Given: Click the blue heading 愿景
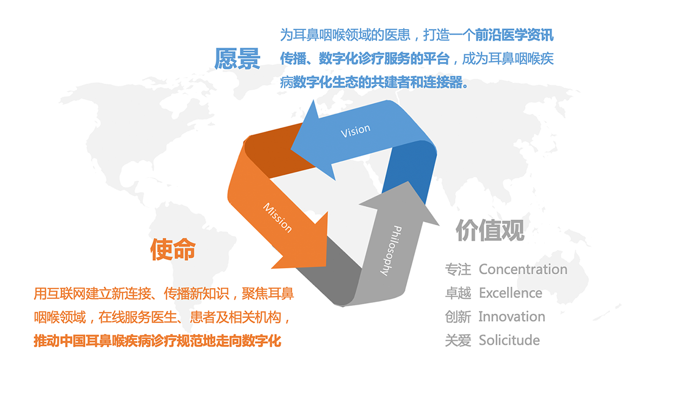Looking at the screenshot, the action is pyautogui.click(x=237, y=59).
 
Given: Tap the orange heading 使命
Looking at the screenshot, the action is pyautogui.click(x=173, y=250).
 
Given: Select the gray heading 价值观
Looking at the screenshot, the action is pyautogui.click(x=490, y=230).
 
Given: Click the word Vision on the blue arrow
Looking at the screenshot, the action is pyautogui.click(x=356, y=131).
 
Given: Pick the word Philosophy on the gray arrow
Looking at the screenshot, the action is pyautogui.click(x=391, y=251).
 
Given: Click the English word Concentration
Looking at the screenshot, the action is pyautogui.click(x=523, y=269).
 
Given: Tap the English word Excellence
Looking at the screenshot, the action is pyautogui.click(x=511, y=293).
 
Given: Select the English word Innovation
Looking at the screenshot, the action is pyautogui.click(x=512, y=316).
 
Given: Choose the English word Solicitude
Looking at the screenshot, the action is pyautogui.click(x=510, y=341).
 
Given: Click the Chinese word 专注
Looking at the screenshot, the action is pyautogui.click(x=458, y=269).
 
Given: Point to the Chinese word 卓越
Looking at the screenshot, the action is pyautogui.click(x=458, y=293).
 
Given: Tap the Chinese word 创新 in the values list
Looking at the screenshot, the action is pyautogui.click(x=458, y=316).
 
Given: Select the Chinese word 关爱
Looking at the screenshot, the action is pyautogui.click(x=458, y=341).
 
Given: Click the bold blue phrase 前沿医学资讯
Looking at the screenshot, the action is pyautogui.click(x=514, y=35).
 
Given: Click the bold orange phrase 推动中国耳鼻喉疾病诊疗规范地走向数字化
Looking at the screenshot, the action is pyautogui.click(x=157, y=341).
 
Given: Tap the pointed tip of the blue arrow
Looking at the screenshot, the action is pyautogui.click(x=291, y=149).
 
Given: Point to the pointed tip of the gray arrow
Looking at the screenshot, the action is pyautogui.click(x=408, y=182).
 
